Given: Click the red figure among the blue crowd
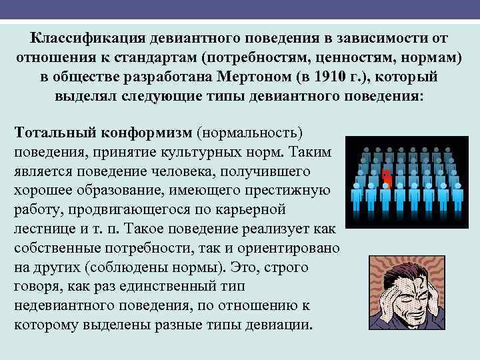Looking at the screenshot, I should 386,177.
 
